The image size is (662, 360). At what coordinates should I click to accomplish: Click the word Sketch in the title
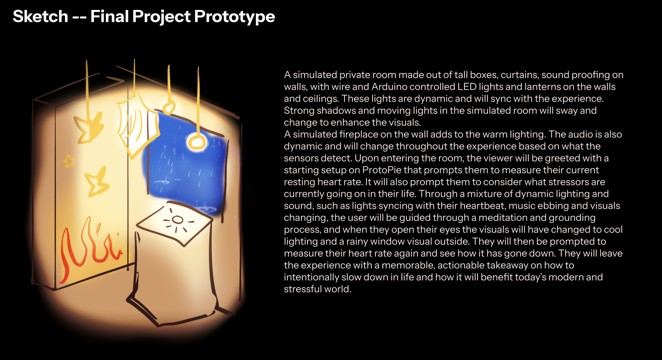coord(40,16)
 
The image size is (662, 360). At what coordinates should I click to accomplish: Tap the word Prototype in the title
coord(234,16)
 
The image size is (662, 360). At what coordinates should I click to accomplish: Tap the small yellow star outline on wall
coord(69,161)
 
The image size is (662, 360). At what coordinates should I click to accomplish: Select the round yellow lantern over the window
coord(196,142)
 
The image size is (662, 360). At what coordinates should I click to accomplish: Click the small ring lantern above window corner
coord(169,107)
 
